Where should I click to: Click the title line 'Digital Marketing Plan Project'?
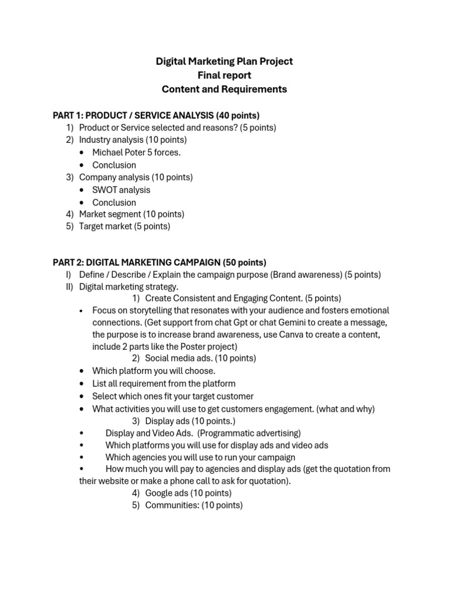[224, 61]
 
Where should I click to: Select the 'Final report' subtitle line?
[224, 75]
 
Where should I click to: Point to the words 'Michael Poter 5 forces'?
[136, 153]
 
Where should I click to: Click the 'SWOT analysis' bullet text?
[121, 190]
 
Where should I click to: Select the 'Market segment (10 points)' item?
[132, 214]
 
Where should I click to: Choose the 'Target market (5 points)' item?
[125, 226]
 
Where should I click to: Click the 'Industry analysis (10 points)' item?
[133, 140]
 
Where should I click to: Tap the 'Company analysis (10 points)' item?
[136, 177]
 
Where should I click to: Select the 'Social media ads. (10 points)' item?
[200, 358]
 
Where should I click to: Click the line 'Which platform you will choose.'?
[154, 371]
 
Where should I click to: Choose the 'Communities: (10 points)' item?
[194, 505]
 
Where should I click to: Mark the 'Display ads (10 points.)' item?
[190, 421]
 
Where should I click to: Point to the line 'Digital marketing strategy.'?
[129, 287]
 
